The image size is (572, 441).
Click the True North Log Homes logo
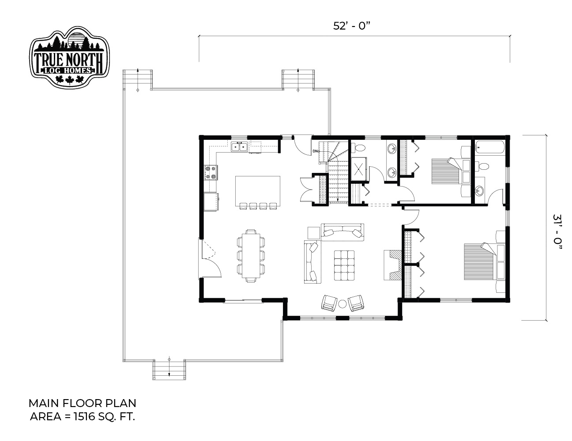pyautogui.click(x=69, y=57)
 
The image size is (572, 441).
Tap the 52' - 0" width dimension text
pyautogui.click(x=352, y=26)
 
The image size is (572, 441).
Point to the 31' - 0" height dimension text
pyautogui.click(x=557, y=232)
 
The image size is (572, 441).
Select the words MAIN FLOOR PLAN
pyautogui.click(x=83, y=403)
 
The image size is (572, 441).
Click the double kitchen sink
pyautogui.click(x=239, y=147)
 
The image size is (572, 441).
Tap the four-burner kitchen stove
pyautogui.click(x=211, y=172)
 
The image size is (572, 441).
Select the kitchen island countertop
pyautogui.click(x=257, y=191)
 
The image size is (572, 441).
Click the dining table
pyautogui.click(x=251, y=255)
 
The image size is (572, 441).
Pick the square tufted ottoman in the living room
pyautogui.click(x=344, y=265)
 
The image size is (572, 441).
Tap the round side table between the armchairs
pyautogui.click(x=342, y=304)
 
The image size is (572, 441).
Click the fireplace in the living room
pyautogui.click(x=392, y=265)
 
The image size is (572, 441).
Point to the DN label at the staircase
pyautogui.click(x=315, y=151)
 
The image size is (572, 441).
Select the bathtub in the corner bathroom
pyautogui.click(x=489, y=148)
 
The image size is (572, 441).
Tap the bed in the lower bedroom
pyautogui.click(x=484, y=261)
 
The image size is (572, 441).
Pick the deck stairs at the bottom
pyautogui.click(x=169, y=370)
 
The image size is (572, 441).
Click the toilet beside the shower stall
pyautogui.click(x=358, y=148)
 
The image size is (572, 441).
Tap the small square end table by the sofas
pyautogui.click(x=313, y=232)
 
